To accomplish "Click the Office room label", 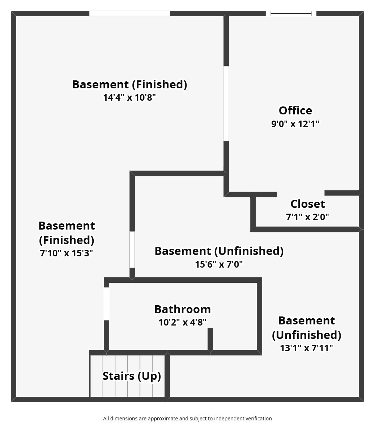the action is [x=295, y=110].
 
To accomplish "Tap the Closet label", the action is [x=307, y=204].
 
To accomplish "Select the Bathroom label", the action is [x=183, y=309].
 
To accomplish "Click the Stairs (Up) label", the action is [x=132, y=376].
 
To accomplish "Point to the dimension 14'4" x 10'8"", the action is [x=129, y=97].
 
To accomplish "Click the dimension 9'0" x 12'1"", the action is [x=295, y=124].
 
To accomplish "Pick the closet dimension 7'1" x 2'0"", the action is [x=307, y=217].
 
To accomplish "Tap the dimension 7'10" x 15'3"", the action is [x=67, y=253].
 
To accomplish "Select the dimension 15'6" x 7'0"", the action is [x=219, y=264].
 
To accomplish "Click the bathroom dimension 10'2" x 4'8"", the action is [x=183, y=322].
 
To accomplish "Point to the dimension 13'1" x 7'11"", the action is [x=306, y=348].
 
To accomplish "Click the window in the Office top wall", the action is [x=291, y=13].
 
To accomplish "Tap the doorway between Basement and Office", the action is [x=226, y=104].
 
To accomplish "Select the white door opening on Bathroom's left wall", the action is [x=106, y=304].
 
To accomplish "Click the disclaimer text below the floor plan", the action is [x=187, y=419].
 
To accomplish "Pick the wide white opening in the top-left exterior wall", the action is [x=129, y=13].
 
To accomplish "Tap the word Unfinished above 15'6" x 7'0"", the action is [x=249, y=251].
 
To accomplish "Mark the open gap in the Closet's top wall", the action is [x=301, y=194].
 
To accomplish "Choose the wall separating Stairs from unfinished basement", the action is [x=167, y=376].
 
